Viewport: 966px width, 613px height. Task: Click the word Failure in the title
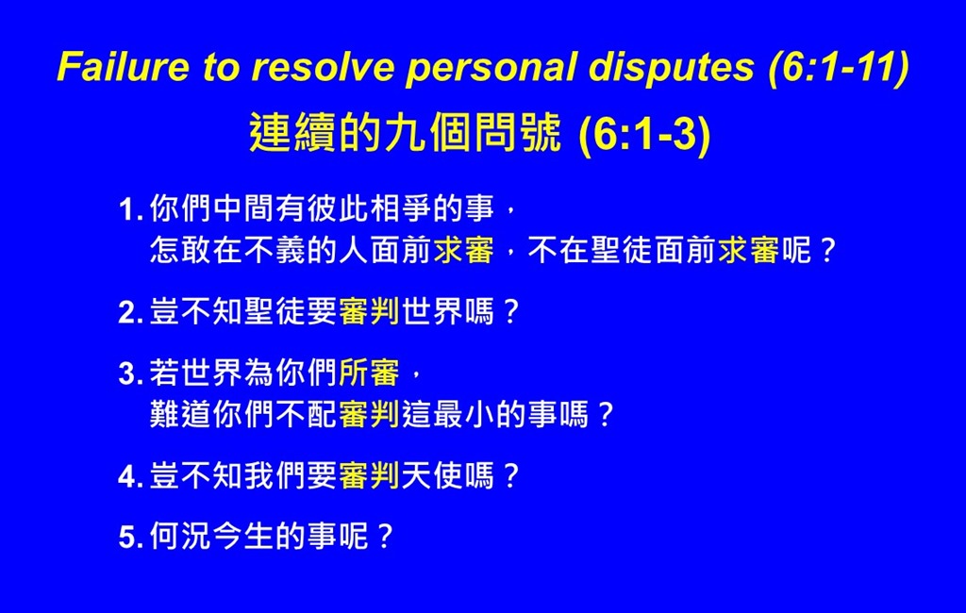click(x=124, y=66)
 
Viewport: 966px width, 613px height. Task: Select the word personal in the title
click(x=491, y=68)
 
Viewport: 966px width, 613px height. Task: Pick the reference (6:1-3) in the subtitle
click(x=645, y=134)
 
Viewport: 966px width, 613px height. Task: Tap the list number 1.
click(x=130, y=209)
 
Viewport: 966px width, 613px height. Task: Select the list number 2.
click(x=130, y=312)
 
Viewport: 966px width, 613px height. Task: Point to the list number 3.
click(x=130, y=373)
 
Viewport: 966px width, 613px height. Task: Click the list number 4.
click(x=130, y=476)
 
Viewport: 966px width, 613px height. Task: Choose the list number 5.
click(x=130, y=538)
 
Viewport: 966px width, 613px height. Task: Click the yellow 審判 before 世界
click(x=369, y=311)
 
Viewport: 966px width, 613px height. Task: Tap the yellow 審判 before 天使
click(x=369, y=475)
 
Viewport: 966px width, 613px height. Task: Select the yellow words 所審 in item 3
click(x=369, y=373)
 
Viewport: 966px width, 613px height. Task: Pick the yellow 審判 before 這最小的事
click(x=369, y=413)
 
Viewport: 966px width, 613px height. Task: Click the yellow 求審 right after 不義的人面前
click(x=464, y=250)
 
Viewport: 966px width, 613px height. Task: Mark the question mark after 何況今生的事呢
click(x=385, y=537)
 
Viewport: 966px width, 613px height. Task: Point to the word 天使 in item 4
click(x=432, y=475)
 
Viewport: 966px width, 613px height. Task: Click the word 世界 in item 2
click(x=432, y=311)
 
